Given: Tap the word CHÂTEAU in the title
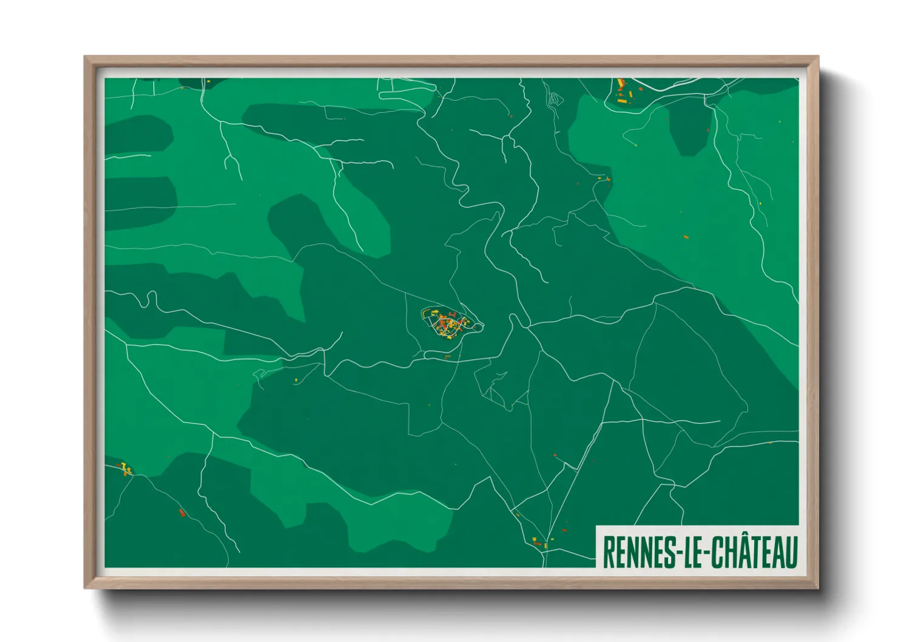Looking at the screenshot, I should [753, 552].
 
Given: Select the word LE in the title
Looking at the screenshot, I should [694, 552].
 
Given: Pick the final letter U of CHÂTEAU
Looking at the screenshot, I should [791, 552].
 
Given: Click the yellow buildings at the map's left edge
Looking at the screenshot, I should [125, 468].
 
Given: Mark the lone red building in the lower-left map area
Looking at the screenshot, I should [181, 513].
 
